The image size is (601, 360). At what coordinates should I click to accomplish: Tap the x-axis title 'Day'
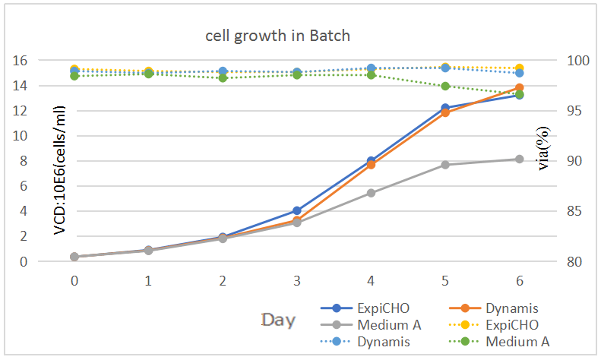click(x=278, y=320)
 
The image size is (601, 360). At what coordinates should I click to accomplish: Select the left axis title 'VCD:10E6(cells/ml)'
click(x=59, y=170)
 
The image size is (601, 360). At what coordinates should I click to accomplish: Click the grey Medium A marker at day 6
click(x=519, y=159)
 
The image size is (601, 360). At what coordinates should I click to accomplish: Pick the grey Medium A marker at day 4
click(x=371, y=193)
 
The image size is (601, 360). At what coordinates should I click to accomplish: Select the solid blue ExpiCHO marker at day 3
click(x=297, y=210)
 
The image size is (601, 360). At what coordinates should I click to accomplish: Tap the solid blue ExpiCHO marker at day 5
click(x=445, y=108)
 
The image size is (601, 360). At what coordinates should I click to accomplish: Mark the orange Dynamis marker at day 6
click(x=519, y=88)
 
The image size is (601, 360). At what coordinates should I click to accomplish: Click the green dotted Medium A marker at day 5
click(x=445, y=86)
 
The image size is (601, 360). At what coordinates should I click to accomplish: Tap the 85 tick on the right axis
click(x=575, y=211)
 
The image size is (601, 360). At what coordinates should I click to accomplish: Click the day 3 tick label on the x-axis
click(x=297, y=280)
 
